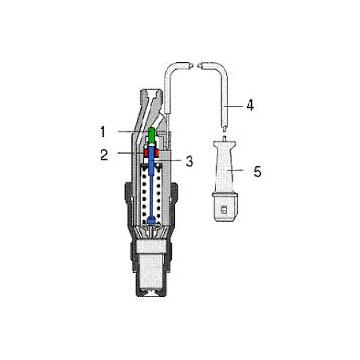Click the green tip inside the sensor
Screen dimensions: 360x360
pos(151,135)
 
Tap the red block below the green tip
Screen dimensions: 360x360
pos(151,153)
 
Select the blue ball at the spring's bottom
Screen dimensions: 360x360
pos(151,218)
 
